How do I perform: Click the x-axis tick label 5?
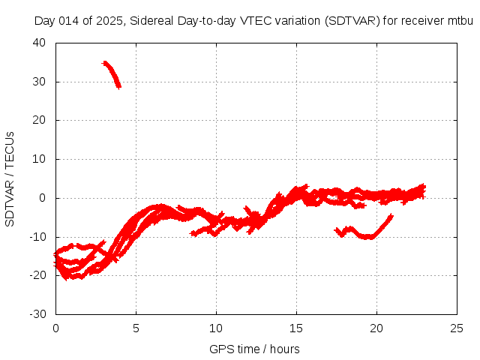coord(136,328)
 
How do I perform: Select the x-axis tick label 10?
coord(216,328)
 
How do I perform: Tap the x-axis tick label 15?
coord(296,328)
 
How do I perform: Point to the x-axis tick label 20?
coord(376,328)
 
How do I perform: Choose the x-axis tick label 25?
coord(457,328)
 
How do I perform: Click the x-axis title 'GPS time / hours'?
coord(256,349)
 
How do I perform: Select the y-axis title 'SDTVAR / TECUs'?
coord(10,178)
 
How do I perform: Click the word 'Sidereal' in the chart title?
coord(150,20)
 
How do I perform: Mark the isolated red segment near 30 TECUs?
coord(112,74)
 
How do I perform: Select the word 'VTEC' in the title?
coord(253,20)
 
